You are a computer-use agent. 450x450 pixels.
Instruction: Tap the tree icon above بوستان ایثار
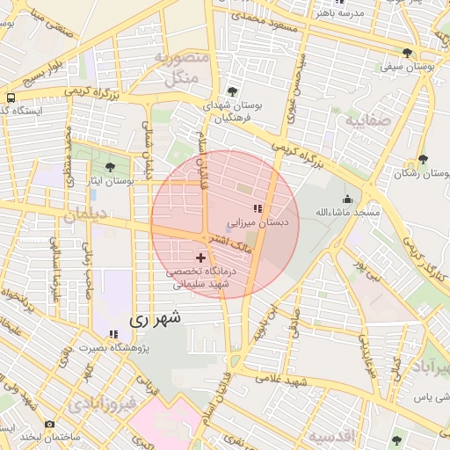coord(110,167)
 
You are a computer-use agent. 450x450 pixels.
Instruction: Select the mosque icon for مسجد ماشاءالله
coord(348,200)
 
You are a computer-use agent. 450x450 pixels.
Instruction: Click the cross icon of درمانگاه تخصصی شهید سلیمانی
coord(202,258)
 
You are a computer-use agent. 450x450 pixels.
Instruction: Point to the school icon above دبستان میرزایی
coord(258,208)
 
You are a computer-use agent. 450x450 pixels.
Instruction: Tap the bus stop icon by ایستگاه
coord(10,98)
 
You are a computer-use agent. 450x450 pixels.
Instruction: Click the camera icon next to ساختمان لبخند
coord(48,425)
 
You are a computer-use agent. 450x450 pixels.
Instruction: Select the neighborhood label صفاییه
coord(368,120)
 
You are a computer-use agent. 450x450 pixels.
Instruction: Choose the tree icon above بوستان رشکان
coord(423,159)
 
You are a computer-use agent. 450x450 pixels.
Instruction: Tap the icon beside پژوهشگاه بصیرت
coord(112,334)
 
